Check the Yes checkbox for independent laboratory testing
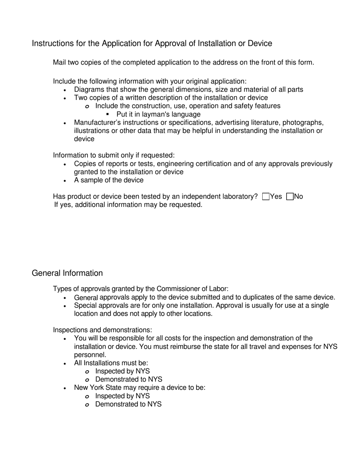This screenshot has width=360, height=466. (266, 197)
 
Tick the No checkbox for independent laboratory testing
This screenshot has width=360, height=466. (290, 197)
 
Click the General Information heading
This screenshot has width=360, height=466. (67, 273)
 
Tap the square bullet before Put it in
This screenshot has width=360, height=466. (108, 114)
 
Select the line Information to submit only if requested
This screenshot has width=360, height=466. (114, 155)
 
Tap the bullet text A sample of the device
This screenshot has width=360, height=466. (108, 180)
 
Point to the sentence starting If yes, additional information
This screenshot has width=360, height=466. (128, 205)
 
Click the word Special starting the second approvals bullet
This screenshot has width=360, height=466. (86, 306)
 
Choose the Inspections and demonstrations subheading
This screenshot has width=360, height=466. (102, 330)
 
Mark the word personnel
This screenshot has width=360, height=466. (90, 355)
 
